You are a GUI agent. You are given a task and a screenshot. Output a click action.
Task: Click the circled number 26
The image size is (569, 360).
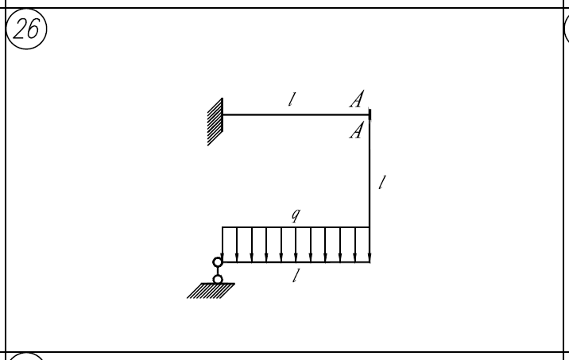(x=26, y=29)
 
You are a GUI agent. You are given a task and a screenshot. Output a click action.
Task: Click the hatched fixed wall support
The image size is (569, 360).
(x=215, y=122)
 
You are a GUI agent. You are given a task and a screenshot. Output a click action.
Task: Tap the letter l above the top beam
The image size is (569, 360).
(x=292, y=99)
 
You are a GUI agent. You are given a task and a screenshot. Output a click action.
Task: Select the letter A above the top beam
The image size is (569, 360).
(x=357, y=99)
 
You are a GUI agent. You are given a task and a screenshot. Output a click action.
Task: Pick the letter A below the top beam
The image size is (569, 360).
(x=356, y=130)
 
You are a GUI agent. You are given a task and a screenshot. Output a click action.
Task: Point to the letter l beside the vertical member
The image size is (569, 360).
(x=381, y=182)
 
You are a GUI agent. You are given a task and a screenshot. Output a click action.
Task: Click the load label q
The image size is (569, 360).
(x=296, y=215)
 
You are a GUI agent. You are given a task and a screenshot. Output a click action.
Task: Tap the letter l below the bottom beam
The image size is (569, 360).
(x=296, y=276)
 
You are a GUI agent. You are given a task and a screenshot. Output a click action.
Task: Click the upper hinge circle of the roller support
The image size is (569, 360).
(x=218, y=262)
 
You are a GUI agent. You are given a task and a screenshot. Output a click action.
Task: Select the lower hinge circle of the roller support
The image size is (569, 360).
(x=218, y=280)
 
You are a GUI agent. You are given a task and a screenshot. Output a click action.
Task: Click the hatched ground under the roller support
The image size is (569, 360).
(x=211, y=291)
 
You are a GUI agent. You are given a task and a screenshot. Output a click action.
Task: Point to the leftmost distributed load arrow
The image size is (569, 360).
(x=222, y=245)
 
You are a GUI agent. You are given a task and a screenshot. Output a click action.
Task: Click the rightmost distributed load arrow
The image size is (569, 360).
(x=370, y=245)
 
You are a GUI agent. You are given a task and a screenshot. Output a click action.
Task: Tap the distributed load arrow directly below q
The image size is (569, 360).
(x=296, y=245)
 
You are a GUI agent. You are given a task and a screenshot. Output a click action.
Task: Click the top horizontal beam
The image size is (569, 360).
(x=296, y=114)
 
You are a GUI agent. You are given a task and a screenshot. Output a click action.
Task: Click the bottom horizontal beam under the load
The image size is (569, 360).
(x=296, y=262)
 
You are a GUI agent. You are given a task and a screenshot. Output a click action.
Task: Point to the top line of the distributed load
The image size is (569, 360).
(x=296, y=227)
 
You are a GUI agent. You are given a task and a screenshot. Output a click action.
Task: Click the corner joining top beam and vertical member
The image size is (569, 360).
(x=370, y=114)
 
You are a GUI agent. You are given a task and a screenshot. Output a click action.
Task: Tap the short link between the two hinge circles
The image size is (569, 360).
(x=218, y=271)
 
